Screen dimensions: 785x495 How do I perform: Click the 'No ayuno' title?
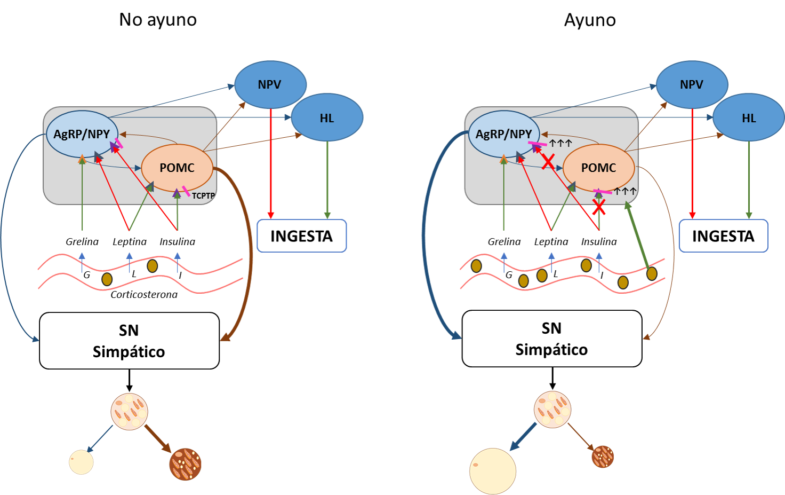158,20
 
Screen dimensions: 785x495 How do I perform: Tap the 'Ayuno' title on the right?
590,20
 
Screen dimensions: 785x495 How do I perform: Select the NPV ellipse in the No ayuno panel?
270,84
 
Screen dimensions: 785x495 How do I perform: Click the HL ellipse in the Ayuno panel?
749,117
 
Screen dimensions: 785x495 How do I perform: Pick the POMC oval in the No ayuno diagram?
177,168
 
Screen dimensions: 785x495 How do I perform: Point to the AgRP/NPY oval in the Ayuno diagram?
504,134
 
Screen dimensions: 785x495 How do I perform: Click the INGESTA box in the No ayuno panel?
302,236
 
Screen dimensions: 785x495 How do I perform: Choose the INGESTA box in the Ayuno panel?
723,236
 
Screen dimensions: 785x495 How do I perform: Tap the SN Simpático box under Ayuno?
552,339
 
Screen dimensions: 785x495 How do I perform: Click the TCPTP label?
203,196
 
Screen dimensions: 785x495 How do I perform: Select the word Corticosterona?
144,294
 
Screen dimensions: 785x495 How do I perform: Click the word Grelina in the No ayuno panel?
82,242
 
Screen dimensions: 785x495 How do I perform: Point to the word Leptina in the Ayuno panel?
551,242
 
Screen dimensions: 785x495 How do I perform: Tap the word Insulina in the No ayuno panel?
178,242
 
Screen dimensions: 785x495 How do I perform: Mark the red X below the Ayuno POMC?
599,207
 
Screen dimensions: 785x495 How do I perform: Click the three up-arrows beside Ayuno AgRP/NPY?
560,143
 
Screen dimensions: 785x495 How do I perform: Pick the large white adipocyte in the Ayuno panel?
493,471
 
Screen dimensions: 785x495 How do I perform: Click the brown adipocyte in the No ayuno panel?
186,464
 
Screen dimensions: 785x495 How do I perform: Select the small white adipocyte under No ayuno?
81,462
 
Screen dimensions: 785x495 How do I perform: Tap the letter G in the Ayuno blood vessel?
509,274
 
